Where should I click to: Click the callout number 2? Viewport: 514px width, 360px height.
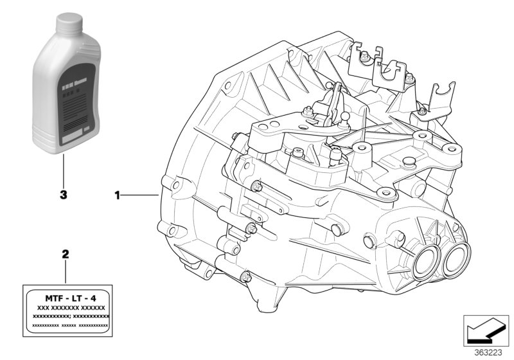pos(64,255)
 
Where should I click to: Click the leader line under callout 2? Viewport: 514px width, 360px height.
pos(64,273)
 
